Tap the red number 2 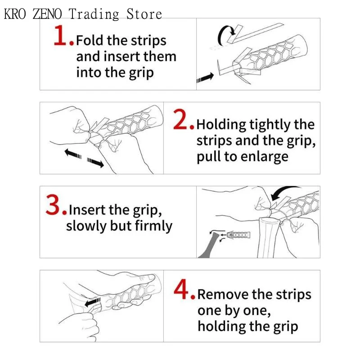pyautogui.click(x=180, y=119)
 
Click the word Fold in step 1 pyautogui.click(x=90, y=40)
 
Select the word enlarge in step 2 pyautogui.click(x=265, y=157)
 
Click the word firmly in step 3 pyautogui.click(x=153, y=226)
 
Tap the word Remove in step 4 pyautogui.click(x=223, y=294)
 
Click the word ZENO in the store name pyautogui.click(x=47, y=14)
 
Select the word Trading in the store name pyautogui.click(x=94, y=14)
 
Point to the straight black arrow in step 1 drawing pyautogui.click(x=205, y=77)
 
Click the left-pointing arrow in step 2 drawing pyautogui.click(x=73, y=153)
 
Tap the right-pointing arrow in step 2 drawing pyautogui.click(x=95, y=162)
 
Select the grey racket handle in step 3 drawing pyautogui.click(x=208, y=246)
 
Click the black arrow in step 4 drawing pyautogui.click(x=93, y=302)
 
